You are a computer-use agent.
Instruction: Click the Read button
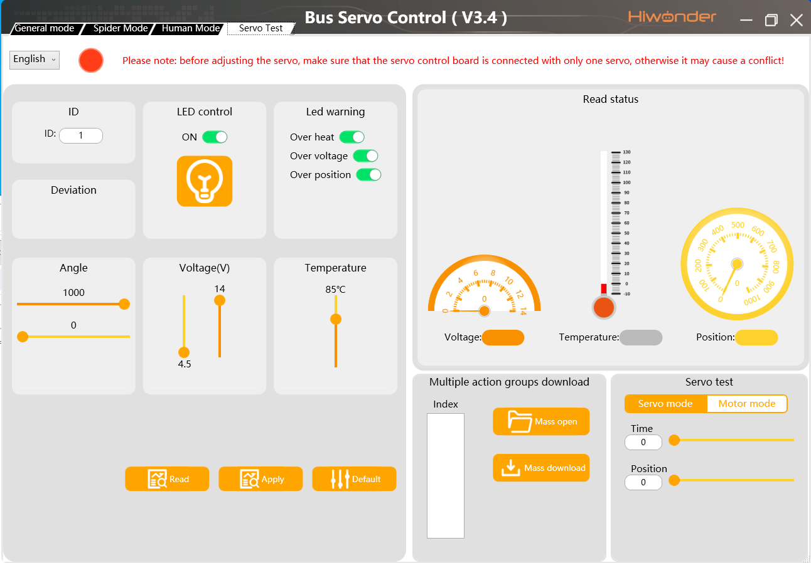167,479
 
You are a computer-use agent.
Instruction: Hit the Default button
354,479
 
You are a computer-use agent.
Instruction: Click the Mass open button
541,421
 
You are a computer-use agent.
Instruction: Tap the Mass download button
541,468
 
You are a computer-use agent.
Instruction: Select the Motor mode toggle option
746,404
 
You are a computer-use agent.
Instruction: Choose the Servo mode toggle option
665,404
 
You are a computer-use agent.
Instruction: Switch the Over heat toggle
352,137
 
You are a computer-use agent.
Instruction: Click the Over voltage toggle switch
365,156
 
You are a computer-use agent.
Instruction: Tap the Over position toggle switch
368,175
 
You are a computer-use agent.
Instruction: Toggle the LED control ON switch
215,137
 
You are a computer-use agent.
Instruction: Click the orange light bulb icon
205,181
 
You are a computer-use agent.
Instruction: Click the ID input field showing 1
81,135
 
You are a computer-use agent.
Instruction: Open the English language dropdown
35,60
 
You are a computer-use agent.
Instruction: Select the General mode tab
45,28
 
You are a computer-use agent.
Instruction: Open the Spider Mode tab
120,28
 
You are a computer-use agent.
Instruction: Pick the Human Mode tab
190,28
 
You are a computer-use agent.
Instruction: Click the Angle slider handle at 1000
124,304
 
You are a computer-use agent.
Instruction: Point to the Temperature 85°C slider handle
336,319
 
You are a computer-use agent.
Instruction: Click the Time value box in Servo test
643,442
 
